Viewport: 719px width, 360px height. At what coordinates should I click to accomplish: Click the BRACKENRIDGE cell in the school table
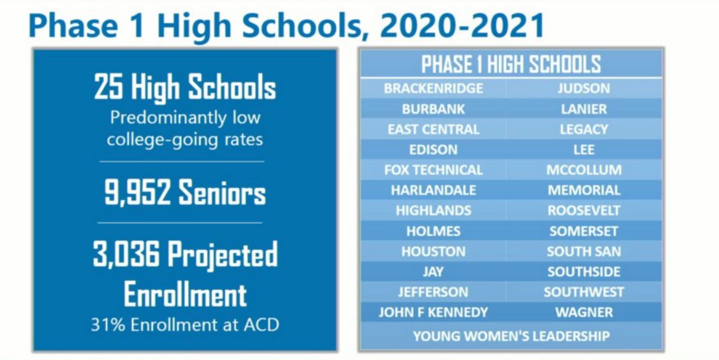433,89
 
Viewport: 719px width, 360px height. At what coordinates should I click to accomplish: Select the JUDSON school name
584,89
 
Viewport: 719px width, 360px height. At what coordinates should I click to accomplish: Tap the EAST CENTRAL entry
433,129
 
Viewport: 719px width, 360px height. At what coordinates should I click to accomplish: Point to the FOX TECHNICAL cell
433,170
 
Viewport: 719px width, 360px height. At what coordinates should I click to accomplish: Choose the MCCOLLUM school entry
584,170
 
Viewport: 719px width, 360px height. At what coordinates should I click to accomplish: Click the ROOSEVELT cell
584,211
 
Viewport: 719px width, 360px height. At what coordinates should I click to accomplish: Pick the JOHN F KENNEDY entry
433,312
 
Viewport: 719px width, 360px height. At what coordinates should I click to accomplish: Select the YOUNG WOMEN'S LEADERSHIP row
511,336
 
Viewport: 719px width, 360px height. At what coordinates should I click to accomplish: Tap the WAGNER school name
584,312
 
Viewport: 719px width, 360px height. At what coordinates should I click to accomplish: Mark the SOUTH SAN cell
584,252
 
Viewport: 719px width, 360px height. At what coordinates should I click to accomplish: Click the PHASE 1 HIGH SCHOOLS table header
511,64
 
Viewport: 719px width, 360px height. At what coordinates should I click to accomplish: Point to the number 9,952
137,193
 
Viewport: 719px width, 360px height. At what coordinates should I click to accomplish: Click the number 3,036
126,254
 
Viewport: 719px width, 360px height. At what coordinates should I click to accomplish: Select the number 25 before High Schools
108,86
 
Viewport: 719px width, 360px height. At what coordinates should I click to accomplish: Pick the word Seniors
222,193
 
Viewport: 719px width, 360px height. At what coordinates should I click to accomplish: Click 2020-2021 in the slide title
462,26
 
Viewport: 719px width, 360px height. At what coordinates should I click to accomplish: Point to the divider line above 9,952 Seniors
182,162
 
